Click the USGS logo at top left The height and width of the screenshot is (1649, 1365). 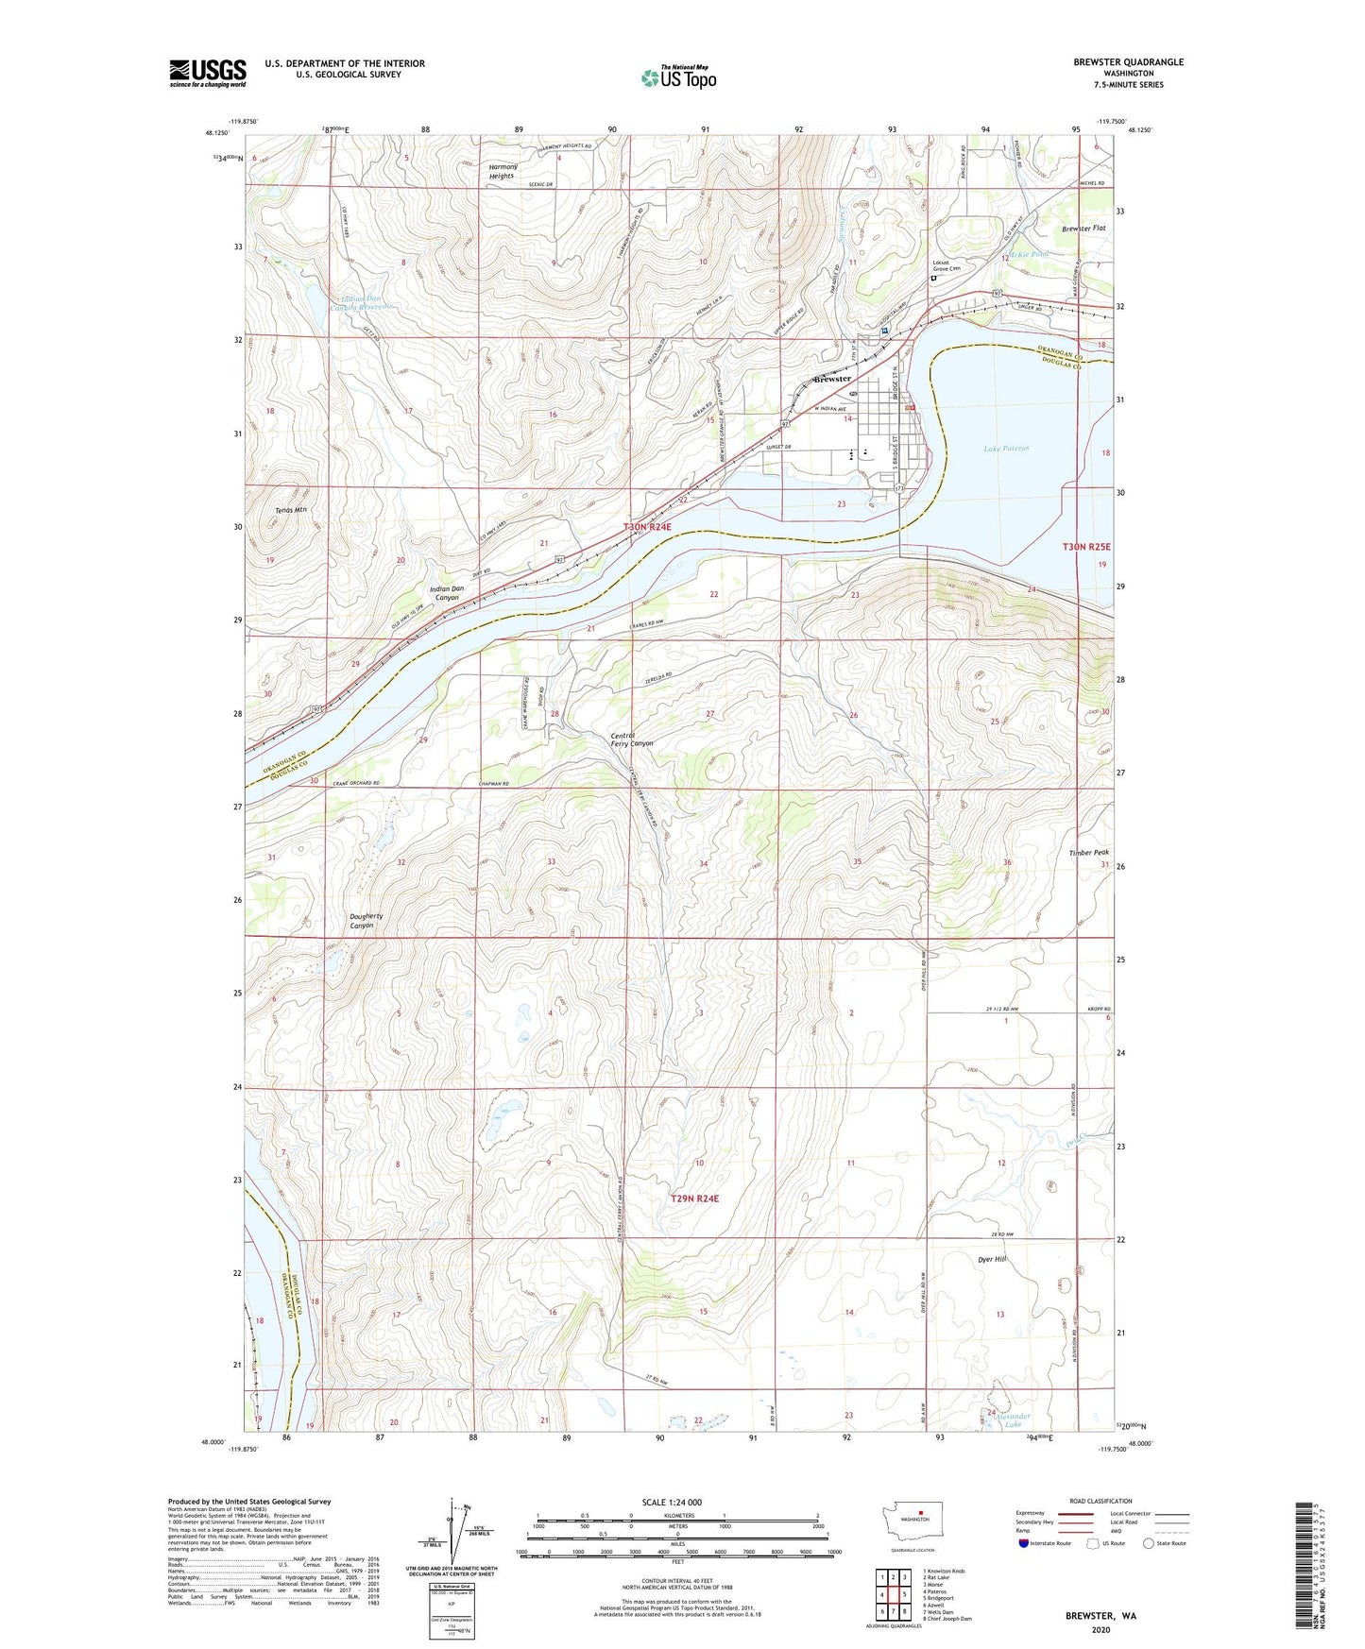click(208, 72)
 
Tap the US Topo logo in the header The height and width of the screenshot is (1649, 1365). click(678, 76)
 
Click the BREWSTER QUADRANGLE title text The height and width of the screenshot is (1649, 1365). click(1127, 62)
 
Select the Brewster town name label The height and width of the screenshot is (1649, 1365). click(832, 379)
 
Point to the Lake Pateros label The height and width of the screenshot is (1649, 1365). click(1005, 449)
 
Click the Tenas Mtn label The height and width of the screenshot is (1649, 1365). click(291, 510)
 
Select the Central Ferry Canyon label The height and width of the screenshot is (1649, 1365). click(631, 739)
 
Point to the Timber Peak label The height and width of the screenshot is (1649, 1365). click(1088, 853)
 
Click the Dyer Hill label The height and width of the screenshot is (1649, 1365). click(992, 1260)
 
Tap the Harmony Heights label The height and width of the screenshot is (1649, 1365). click(503, 171)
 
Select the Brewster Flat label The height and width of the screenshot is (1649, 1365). click(1083, 229)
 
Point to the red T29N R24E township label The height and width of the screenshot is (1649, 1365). click(694, 1198)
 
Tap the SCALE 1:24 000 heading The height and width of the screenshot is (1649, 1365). click(672, 1502)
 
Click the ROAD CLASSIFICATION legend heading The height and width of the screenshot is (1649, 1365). click(1101, 1501)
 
